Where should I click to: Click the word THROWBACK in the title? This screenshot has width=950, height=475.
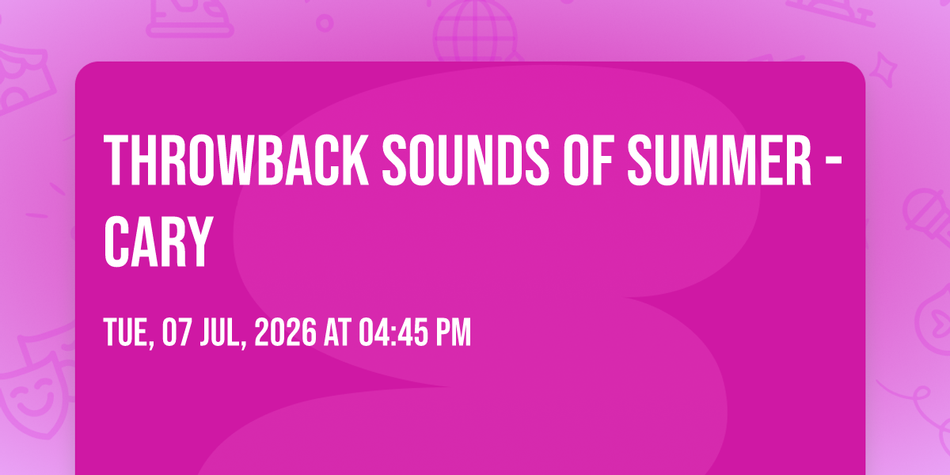click(x=236, y=160)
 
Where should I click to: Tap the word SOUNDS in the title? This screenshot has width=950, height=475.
click(x=465, y=160)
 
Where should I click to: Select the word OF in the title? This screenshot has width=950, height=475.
click(x=589, y=160)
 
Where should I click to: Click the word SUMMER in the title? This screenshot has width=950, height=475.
click(x=720, y=160)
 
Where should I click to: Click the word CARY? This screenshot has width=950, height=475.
click(x=158, y=241)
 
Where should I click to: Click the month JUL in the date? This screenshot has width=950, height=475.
click(x=223, y=333)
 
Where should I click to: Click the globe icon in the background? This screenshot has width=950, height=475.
click(x=476, y=30)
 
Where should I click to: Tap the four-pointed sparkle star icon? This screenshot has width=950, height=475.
click(x=883, y=69)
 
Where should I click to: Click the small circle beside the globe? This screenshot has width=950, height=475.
click(x=325, y=23)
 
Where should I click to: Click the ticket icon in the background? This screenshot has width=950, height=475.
click(x=23, y=81)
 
